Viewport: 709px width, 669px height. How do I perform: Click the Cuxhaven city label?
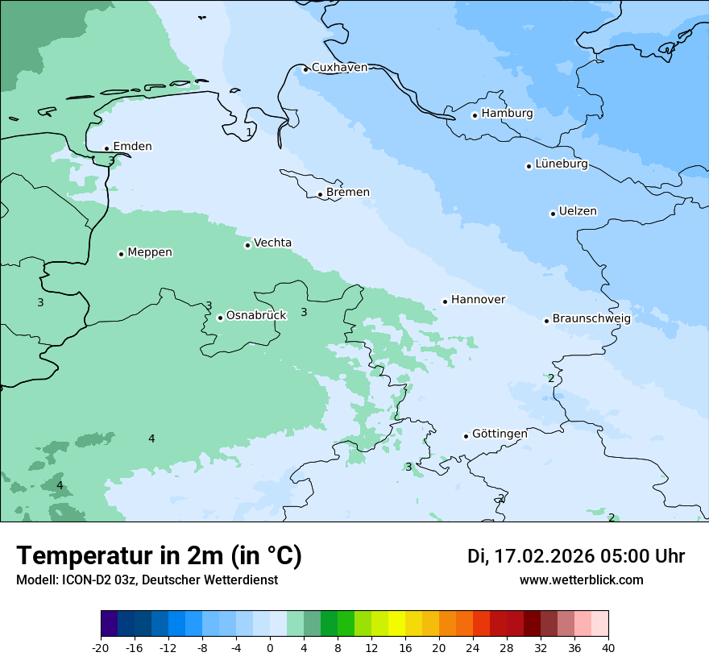[339, 68]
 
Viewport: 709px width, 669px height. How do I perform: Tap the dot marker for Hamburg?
[475, 115]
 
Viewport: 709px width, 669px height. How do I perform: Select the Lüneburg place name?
[562, 164]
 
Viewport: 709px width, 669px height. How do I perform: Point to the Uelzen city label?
[578, 212]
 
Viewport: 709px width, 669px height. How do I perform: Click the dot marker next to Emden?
[106, 148]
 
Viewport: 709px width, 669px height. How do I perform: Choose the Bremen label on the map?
[348, 193]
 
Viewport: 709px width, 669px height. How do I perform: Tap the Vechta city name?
[272, 243]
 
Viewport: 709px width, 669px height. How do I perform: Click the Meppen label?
[150, 253]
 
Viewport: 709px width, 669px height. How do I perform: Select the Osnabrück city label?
[256, 316]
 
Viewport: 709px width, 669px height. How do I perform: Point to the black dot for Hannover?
[445, 301]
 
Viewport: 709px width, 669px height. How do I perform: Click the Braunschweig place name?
[591, 319]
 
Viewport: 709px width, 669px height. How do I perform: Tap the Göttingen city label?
[500, 434]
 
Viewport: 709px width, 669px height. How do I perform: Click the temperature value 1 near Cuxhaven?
[249, 132]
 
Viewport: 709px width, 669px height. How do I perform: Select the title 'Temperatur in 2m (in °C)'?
[159, 556]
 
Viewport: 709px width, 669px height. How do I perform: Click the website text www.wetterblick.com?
[581, 580]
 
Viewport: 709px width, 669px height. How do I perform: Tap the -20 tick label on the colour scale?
[101, 648]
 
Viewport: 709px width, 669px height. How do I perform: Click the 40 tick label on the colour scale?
[608, 648]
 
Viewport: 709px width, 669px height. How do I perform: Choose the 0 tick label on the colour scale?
[270, 648]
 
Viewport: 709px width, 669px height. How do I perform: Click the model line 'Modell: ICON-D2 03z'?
[147, 580]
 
